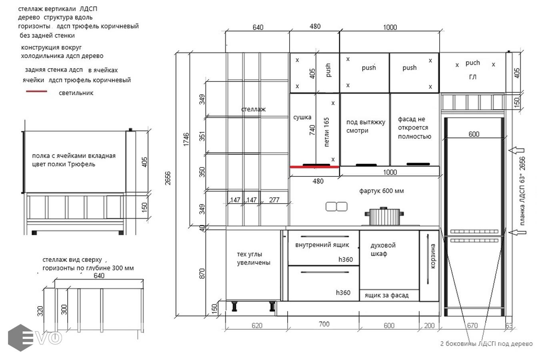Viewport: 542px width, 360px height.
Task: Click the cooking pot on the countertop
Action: (384, 216)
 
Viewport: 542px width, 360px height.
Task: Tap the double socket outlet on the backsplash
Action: (336, 206)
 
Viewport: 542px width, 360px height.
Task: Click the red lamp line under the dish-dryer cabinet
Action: (314, 167)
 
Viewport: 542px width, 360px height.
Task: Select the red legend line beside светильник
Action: (36, 91)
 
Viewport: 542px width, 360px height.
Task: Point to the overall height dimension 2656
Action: (168, 178)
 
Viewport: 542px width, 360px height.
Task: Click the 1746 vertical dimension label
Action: (186, 139)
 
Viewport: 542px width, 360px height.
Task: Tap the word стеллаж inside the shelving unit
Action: (253, 109)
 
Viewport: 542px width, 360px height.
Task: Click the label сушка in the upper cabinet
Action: (302, 117)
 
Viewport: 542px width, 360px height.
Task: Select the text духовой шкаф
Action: (383, 250)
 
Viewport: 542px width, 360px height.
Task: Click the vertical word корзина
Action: (433, 256)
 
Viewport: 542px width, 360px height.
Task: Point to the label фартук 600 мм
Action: (381, 191)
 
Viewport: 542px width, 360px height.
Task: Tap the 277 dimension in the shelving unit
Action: (274, 200)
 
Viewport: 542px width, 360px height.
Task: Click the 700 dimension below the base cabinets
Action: (324, 324)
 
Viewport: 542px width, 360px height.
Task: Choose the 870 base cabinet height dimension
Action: (202, 273)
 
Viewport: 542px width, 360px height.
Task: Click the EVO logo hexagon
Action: (20, 338)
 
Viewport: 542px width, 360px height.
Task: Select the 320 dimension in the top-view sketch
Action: (40, 311)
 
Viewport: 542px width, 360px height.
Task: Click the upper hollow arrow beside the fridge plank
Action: (516, 150)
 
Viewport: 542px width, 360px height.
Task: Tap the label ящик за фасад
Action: (386, 296)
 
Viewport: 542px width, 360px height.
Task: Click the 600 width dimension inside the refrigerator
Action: (474, 134)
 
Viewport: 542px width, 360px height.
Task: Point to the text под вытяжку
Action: (366, 122)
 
